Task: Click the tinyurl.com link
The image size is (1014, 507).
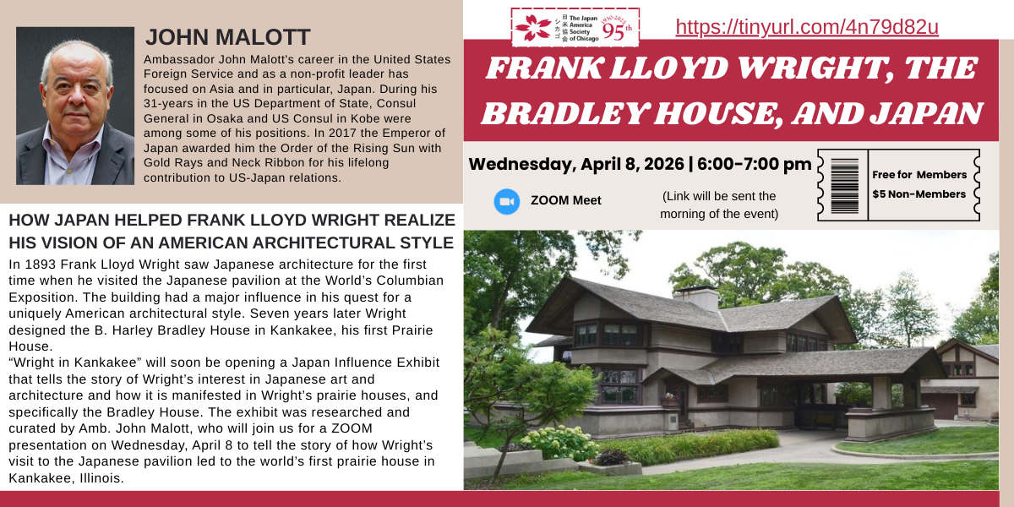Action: pyautogui.click(x=807, y=27)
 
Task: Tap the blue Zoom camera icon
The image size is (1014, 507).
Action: pyautogui.click(x=506, y=201)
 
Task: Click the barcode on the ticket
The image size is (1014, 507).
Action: pyautogui.click(x=845, y=186)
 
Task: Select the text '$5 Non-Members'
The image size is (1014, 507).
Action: pyautogui.click(x=919, y=194)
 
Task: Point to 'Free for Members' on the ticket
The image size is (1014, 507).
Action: pyautogui.click(x=919, y=175)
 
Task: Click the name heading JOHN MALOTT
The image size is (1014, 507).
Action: pyautogui.click(x=227, y=37)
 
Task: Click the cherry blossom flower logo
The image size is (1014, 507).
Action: pyautogui.click(x=533, y=27)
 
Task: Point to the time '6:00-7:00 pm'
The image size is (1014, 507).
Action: pyautogui.click(x=754, y=164)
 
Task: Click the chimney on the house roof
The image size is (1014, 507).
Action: pyautogui.click(x=695, y=297)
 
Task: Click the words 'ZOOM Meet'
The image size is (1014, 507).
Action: pyautogui.click(x=566, y=200)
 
